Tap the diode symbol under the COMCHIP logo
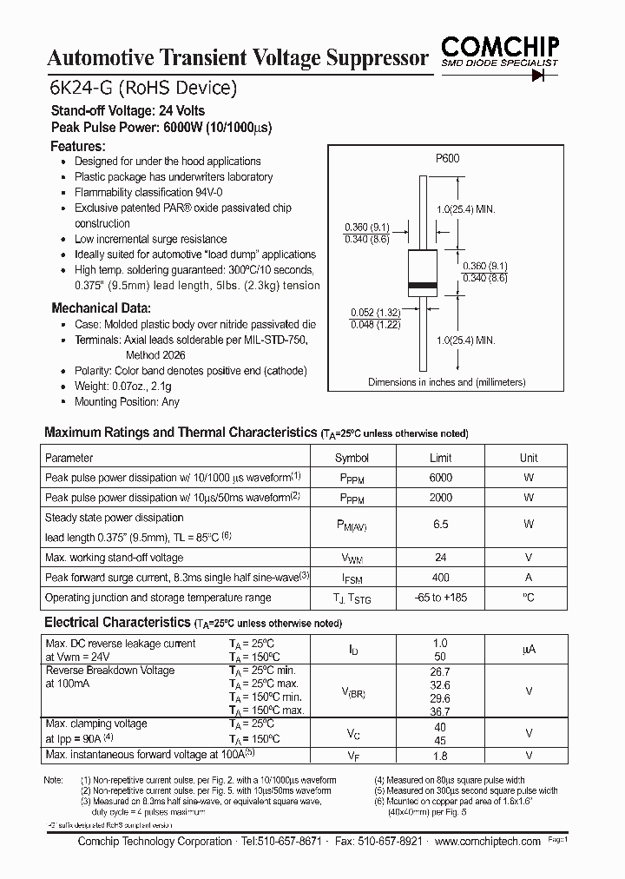543,76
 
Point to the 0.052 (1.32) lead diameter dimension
374,313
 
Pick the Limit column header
440,458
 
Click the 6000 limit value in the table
440,478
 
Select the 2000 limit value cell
440,498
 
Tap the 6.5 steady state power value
440,525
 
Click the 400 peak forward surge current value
440,578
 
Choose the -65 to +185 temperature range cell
440,598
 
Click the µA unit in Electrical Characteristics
528,650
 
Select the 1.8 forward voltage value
440,756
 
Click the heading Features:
78,146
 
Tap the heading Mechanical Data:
101,307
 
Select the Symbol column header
352,458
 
